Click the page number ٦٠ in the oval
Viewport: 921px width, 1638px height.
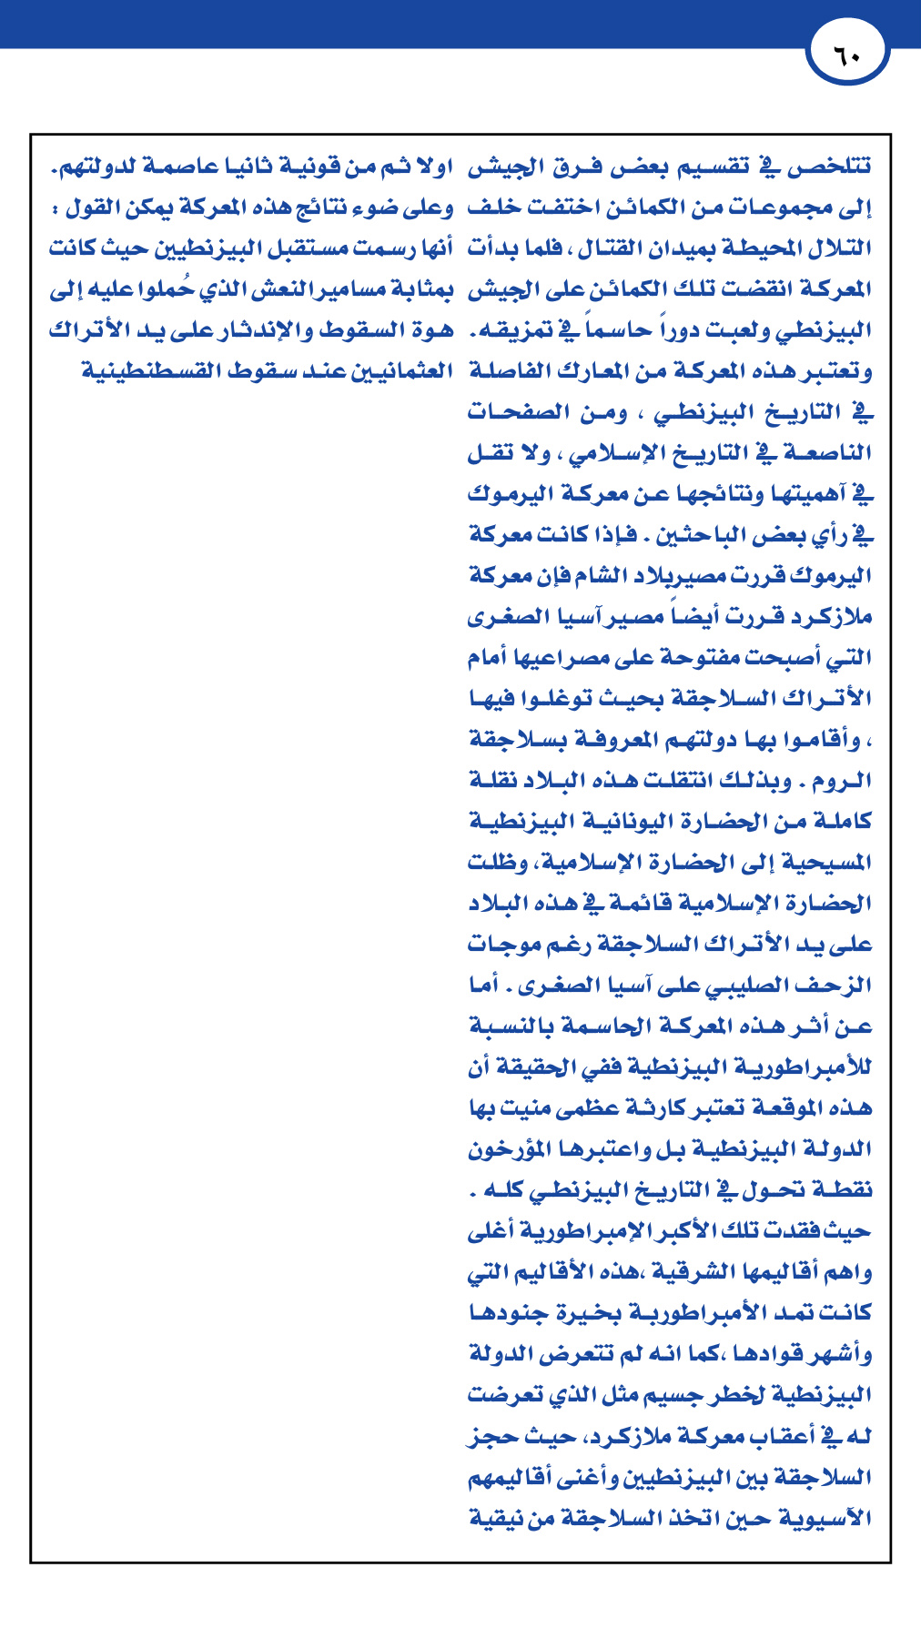click(x=847, y=56)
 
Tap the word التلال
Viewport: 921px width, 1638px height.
click(x=842, y=248)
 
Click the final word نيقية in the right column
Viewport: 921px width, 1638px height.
click(x=497, y=1518)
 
